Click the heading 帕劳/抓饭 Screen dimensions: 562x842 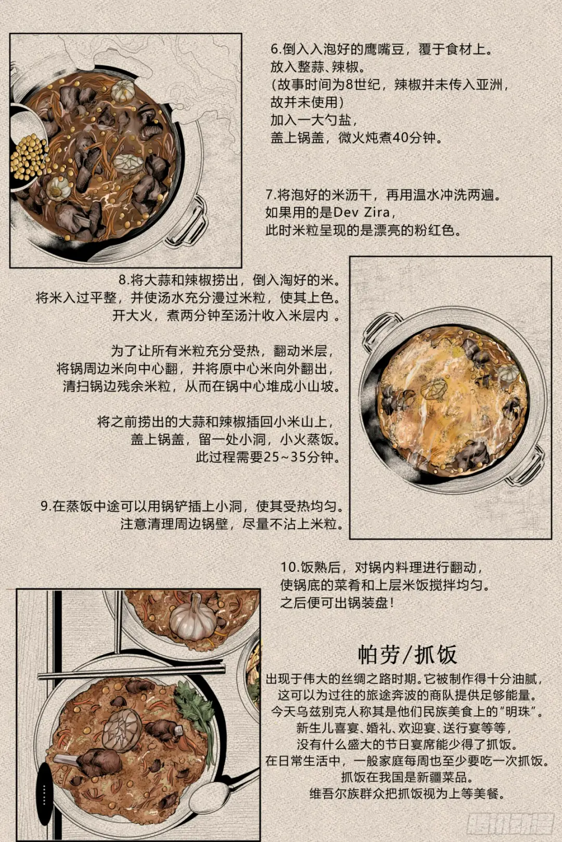(407, 655)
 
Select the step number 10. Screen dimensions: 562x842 (289, 567)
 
